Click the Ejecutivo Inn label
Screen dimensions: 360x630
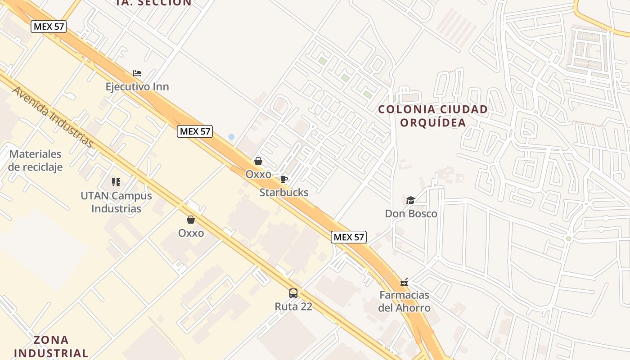137,86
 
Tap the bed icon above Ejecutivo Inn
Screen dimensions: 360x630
137,73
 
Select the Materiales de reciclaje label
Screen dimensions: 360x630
35,160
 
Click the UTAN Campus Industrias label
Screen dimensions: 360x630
116,202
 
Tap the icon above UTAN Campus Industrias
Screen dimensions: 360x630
116,182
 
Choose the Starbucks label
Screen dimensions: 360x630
284,193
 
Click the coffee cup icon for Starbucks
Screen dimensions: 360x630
284,179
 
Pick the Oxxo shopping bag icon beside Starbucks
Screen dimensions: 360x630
258,161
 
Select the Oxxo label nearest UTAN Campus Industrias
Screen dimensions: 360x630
191,233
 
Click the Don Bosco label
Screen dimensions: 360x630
411,214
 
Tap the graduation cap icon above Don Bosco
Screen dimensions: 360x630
410,200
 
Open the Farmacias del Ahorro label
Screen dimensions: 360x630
404,301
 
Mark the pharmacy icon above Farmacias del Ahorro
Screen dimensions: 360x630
404,282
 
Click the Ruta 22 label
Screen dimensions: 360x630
293,306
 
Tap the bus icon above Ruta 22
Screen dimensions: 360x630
293,293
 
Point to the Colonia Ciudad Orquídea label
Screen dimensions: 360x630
433,116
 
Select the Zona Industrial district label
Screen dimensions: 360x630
51,346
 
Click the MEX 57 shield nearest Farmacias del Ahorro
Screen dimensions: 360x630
349,237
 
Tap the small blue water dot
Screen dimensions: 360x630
231,136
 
